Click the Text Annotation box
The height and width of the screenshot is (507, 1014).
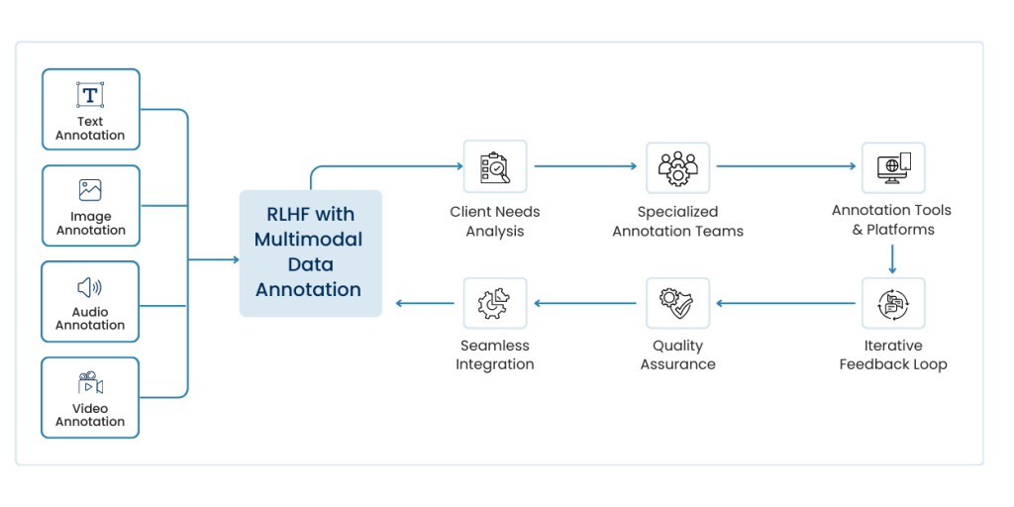click(x=90, y=110)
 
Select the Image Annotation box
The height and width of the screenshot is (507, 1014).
click(x=90, y=206)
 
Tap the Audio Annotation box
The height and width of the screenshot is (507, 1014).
click(x=90, y=302)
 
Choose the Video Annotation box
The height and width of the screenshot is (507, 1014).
click(x=90, y=397)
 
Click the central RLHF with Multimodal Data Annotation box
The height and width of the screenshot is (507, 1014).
click(x=310, y=253)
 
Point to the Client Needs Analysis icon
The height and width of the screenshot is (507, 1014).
click(x=494, y=166)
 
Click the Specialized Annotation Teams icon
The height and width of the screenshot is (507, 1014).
click(x=677, y=166)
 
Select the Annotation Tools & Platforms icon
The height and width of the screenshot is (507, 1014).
click(x=892, y=166)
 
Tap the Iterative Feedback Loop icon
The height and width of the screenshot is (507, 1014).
click(x=892, y=303)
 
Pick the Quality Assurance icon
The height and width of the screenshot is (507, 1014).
click(x=677, y=303)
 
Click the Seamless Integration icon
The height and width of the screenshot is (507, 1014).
click(x=494, y=303)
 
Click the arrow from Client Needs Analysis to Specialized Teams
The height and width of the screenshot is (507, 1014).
click(x=585, y=166)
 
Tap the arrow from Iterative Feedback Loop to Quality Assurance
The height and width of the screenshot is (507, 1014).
click(x=786, y=303)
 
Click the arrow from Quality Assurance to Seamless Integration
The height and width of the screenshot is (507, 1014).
click(x=585, y=303)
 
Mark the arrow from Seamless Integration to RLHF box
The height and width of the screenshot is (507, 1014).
click(x=426, y=303)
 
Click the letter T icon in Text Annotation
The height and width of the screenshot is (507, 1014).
click(x=90, y=95)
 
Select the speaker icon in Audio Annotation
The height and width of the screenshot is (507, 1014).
click(x=89, y=288)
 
